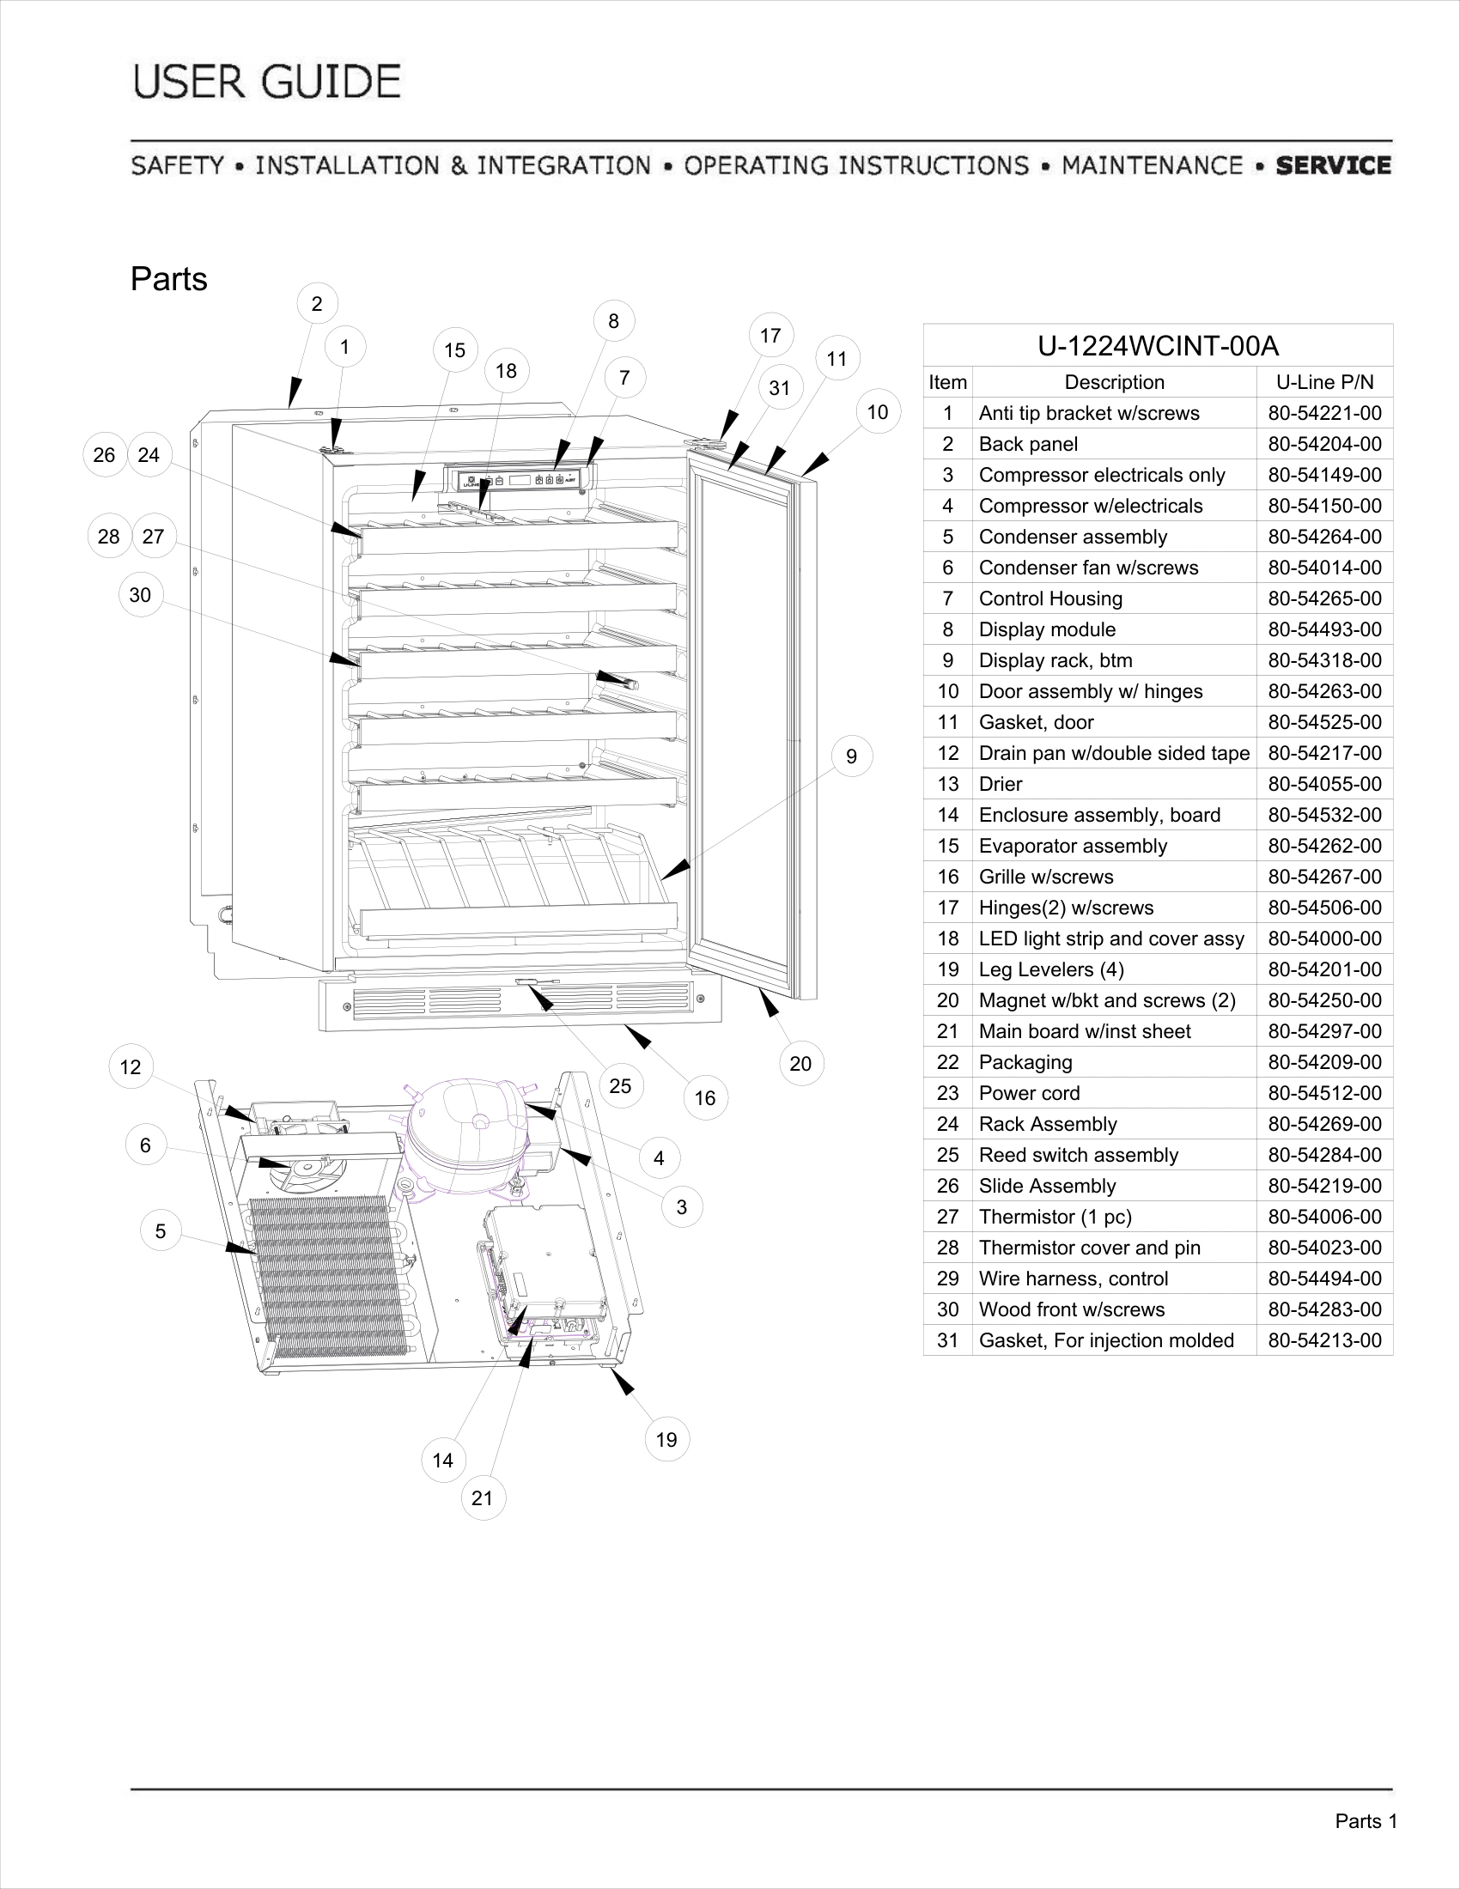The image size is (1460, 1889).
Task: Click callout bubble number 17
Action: pos(770,336)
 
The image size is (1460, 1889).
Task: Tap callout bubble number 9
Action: pos(851,756)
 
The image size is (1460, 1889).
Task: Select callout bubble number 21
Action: pos(482,1498)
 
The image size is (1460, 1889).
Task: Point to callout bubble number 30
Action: pos(140,595)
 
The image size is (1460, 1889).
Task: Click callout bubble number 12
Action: pos(131,1067)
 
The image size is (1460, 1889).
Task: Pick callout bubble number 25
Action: pos(620,1086)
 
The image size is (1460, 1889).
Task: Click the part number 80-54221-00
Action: pos(1324,414)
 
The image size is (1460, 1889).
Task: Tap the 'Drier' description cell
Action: pos(1001,785)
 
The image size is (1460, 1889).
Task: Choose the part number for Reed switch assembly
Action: pos(1324,1156)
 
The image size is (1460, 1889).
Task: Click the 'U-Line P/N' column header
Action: pos(1324,382)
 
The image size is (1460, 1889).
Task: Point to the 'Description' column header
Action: pos(1114,382)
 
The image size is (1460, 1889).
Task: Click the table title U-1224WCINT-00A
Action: pos(1158,346)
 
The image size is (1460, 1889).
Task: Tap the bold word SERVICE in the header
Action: pos(1333,165)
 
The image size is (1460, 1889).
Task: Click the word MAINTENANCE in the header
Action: pos(1152,165)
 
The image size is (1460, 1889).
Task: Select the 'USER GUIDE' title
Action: pos(267,82)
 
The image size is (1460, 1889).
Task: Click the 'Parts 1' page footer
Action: pos(1366,1821)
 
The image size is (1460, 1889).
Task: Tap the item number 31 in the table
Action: pos(948,1340)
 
